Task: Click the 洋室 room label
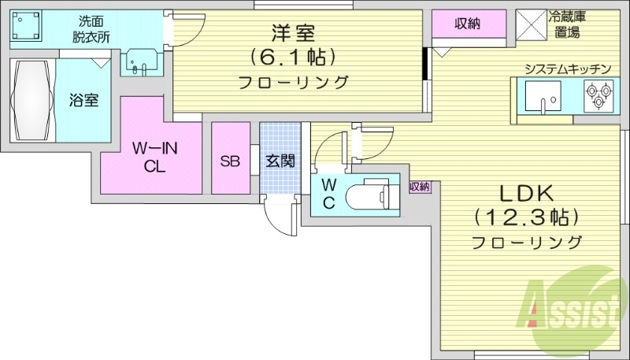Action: pos(294,33)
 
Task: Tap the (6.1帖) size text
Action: pos(294,57)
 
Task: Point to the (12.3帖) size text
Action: pos(526,217)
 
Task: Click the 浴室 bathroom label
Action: pos(83,101)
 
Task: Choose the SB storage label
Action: pos(230,161)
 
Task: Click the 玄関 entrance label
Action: pos(280,161)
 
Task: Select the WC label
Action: pos(329,193)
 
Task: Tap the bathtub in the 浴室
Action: pos(32,101)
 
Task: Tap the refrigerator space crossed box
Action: pos(532,24)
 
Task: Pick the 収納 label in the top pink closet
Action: pos(468,24)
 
